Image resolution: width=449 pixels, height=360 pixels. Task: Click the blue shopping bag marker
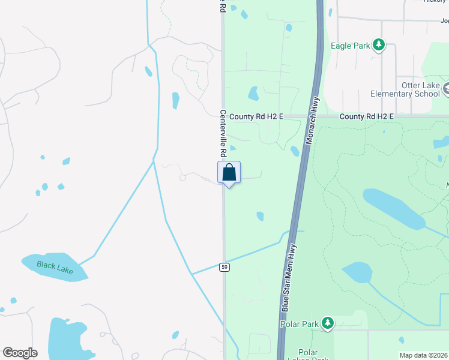(229, 173)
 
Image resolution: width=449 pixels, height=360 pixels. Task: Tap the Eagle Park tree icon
(378, 44)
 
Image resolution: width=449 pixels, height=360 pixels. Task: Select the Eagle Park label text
(349, 45)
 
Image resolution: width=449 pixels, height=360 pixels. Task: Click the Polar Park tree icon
(327, 324)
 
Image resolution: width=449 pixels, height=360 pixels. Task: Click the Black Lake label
(54, 268)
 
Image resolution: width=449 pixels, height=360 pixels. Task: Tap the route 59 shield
(224, 266)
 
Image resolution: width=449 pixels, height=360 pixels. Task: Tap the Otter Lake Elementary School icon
(446, 90)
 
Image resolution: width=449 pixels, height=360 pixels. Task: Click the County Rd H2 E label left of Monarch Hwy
(256, 116)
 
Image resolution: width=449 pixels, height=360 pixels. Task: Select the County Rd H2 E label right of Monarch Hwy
(366, 116)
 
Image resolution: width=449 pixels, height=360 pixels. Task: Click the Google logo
(20, 353)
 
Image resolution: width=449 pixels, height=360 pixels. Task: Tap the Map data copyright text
(424, 355)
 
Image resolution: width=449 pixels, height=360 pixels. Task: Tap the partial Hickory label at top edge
(436, 2)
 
